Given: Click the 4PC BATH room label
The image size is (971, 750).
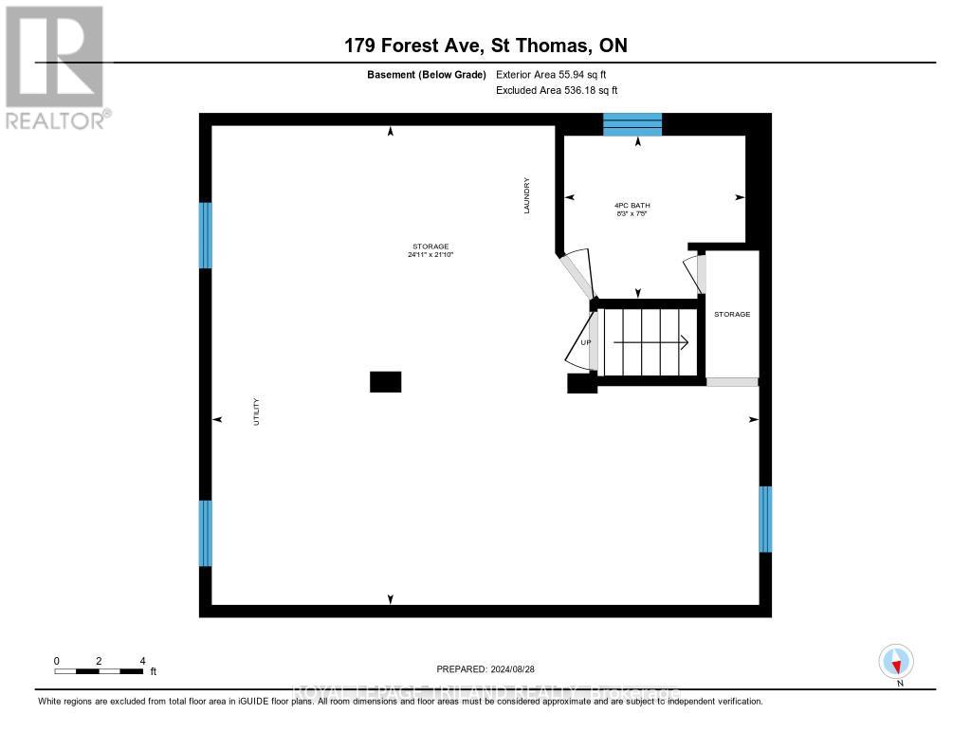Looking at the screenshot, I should pos(633,205).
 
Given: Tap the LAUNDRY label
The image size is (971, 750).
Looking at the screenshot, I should pos(527,195).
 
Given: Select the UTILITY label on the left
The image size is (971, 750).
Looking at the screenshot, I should pos(256,412).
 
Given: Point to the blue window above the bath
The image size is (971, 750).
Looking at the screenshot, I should pos(632,124).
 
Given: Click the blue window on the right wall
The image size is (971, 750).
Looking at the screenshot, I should pos(765,519).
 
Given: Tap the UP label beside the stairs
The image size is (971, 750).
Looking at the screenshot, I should pos(585,342).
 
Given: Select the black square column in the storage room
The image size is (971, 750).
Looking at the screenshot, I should pos(385,381).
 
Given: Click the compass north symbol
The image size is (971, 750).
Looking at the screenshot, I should pos(896,661).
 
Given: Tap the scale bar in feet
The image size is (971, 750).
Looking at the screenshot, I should pos(99,671).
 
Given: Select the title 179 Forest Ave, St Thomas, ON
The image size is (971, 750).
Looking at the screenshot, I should pos(485,46).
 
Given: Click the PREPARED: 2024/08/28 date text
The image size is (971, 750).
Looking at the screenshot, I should pos(492,668).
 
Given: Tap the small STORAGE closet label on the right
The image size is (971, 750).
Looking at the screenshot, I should pos(732,314).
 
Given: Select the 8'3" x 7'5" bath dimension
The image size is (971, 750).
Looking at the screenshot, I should pos(633,213).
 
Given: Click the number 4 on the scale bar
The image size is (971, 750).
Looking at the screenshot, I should pos(142,661).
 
